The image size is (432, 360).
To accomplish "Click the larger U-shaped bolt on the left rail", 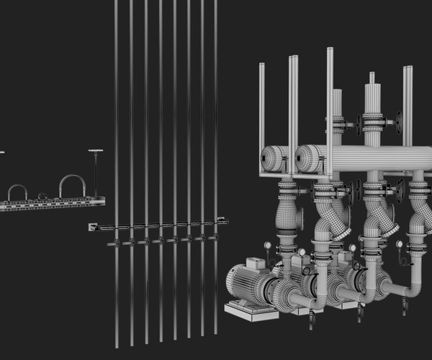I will pos(72,177).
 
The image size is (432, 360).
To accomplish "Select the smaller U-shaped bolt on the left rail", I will pos(17,187).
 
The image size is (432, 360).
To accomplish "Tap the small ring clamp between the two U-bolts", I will pos(42,195).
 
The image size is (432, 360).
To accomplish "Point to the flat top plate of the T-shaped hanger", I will pos(96,151).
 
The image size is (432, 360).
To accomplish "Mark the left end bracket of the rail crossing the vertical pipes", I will pos(92,227).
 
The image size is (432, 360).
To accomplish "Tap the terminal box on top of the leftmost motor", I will pos(253,263).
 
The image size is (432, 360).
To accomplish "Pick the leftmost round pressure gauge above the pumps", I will pos(268,246).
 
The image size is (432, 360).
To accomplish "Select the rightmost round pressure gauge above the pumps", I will pos(400,244).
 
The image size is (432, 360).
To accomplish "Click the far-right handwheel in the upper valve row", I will pos(398,122).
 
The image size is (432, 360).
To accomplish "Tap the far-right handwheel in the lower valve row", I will pos(401,190).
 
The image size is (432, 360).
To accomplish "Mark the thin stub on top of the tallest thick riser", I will pos(372,77).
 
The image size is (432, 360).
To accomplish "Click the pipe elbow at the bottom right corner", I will pos(413,289).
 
